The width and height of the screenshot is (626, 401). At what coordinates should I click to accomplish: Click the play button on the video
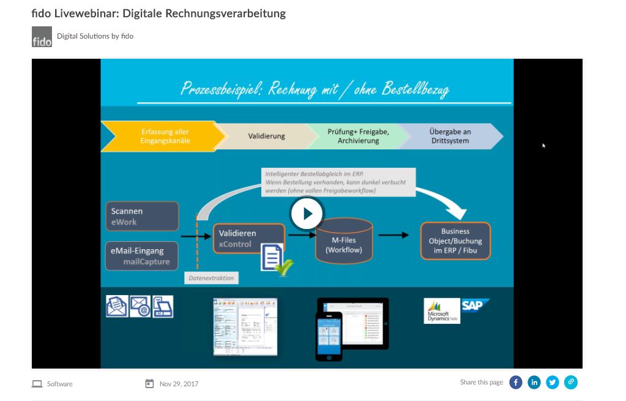pyautogui.click(x=307, y=214)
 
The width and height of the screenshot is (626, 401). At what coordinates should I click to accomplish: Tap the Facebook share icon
pyautogui.click(x=516, y=383)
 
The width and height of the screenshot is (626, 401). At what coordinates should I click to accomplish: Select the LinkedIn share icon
pyautogui.click(x=534, y=383)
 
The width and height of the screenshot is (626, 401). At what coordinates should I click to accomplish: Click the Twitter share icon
pyautogui.click(x=553, y=383)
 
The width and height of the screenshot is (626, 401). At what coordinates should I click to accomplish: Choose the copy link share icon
pyautogui.click(x=571, y=383)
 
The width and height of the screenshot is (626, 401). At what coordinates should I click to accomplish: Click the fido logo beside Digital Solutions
pyautogui.click(x=42, y=37)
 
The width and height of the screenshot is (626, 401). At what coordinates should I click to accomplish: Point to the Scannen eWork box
pyautogui.click(x=141, y=216)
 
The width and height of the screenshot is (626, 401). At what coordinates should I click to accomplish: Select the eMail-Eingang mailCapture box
pyautogui.click(x=141, y=256)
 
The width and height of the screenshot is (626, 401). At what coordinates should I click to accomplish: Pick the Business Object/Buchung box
pyautogui.click(x=455, y=241)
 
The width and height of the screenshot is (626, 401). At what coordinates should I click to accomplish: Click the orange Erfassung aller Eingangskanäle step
pyautogui.click(x=162, y=136)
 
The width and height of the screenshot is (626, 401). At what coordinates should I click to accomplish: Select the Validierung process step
pyautogui.click(x=266, y=136)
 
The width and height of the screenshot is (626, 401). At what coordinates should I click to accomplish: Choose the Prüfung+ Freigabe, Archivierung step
pyautogui.click(x=358, y=136)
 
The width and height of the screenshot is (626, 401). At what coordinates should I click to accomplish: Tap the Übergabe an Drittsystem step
pyautogui.click(x=450, y=136)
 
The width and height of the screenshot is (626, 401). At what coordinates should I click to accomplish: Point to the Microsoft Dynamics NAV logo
pyautogui.click(x=442, y=311)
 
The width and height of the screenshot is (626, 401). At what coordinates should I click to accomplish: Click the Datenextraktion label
pyautogui.click(x=211, y=278)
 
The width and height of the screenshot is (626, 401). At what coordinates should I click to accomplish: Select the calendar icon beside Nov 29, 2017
pyautogui.click(x=149, y=384)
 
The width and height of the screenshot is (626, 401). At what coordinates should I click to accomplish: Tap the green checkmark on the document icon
pyautogui.click(x=283, y=268)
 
